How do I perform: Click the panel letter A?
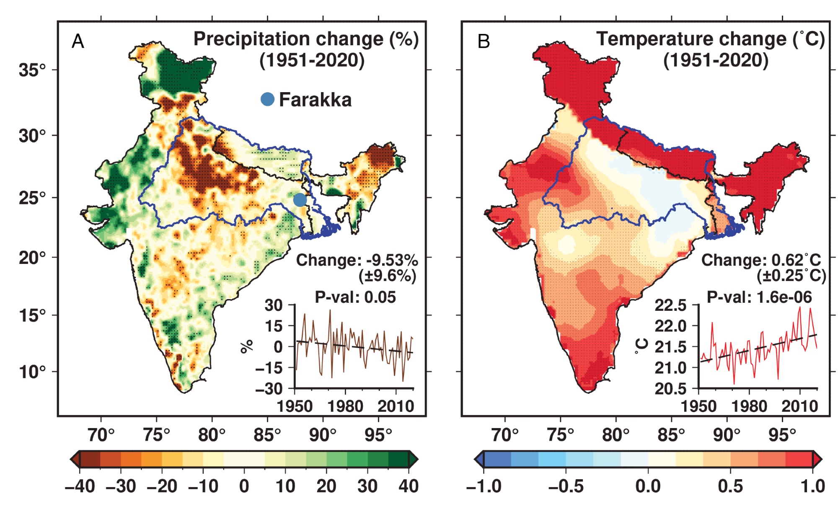click(78, 41)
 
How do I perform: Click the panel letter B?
click(484, 41)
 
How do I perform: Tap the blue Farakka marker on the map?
click(300, 200)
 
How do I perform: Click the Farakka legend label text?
click(315, 100)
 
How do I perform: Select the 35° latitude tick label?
click(32, 70)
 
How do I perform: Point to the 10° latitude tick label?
click(32, 372)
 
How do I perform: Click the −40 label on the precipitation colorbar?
click(80, 486)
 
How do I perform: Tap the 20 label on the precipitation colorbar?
click(326, 486)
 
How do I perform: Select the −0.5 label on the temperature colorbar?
click(566, 486)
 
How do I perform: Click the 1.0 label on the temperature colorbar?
click(813, 486)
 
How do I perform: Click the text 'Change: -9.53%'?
click(357, 260)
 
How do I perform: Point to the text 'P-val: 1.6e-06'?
click(759, 297)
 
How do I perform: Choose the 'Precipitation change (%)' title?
click(306, 39)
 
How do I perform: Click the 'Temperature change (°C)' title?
click(711, 39)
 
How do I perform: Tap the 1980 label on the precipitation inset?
click(345, 406)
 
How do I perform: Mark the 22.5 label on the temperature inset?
click(671, 305)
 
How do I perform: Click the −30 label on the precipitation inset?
click(269, 389)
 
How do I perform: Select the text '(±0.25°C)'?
click(791, 276)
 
